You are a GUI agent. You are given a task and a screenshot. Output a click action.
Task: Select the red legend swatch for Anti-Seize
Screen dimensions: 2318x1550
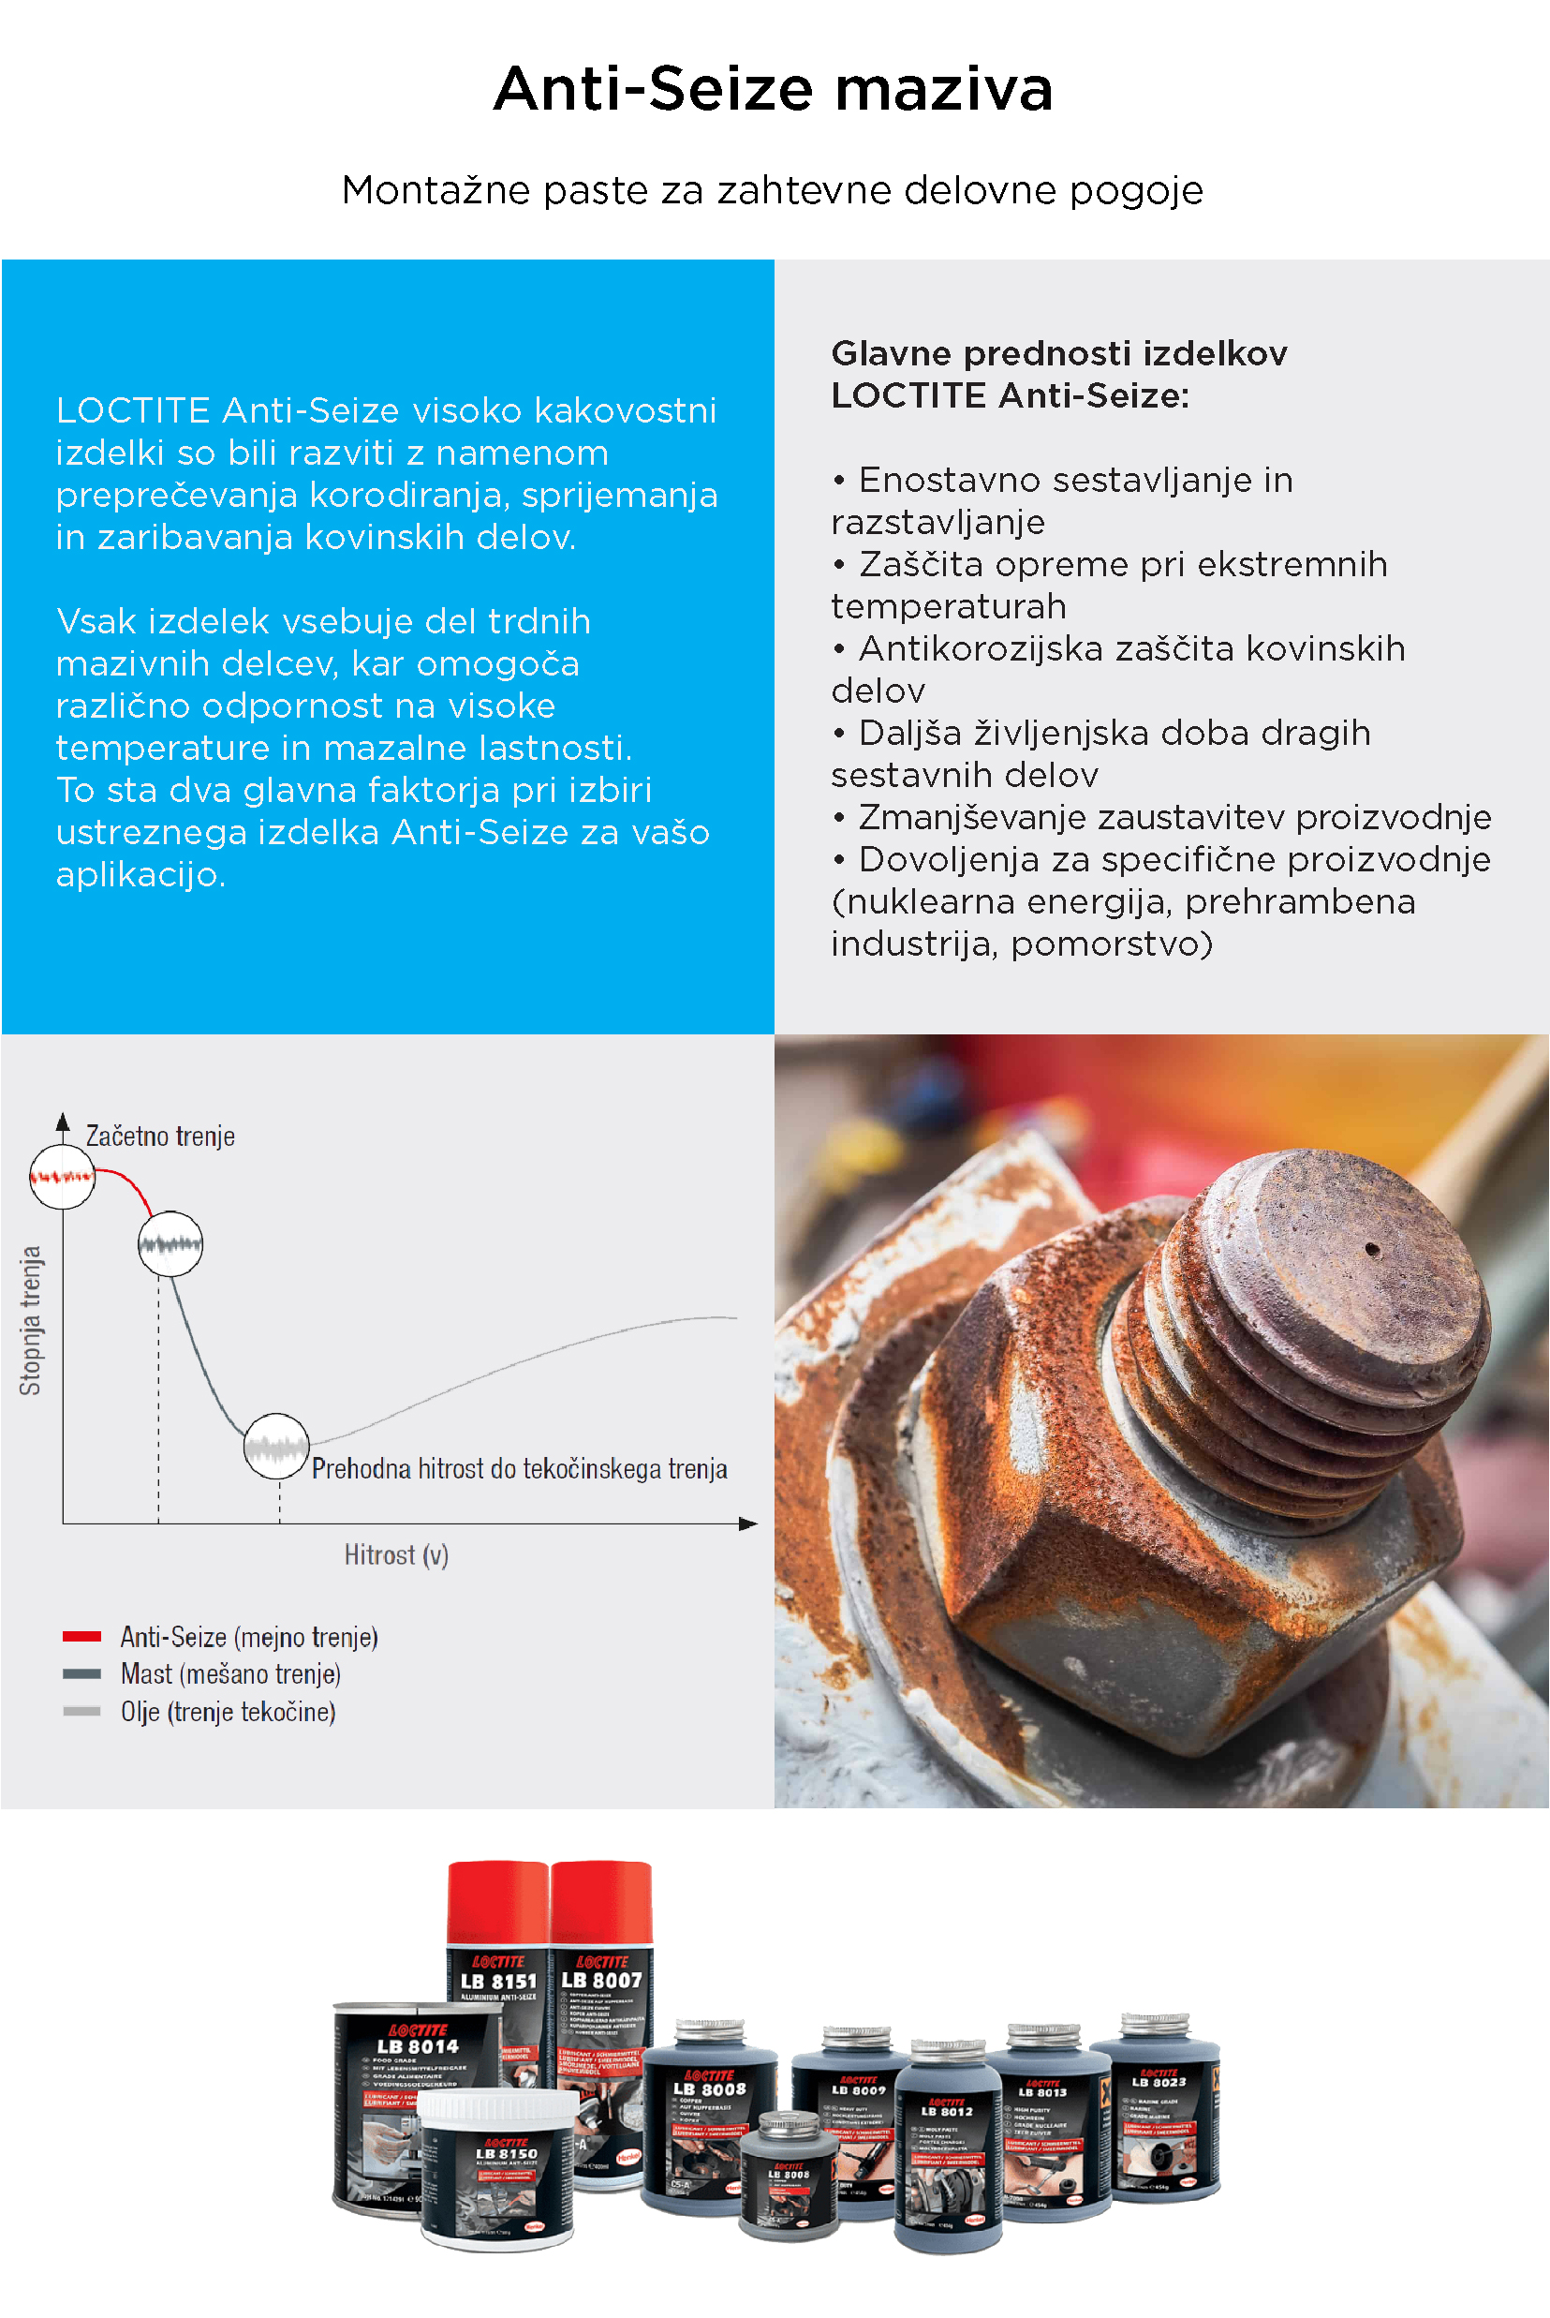click(x=81, y=1637)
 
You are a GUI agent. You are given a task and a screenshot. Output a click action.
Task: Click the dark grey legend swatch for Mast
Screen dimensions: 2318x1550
click(x=81, y=1674)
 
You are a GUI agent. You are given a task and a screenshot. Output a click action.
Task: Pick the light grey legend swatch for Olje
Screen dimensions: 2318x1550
click(x=81, y=1711)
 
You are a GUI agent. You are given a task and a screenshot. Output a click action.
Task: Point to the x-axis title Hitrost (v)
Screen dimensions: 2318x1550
click(x=396, y=1555)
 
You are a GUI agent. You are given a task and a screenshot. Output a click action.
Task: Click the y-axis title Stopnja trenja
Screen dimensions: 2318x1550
click(x=31, y=1320)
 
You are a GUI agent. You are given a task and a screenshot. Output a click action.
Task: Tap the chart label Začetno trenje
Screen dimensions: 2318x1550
click(x=160, y=1137)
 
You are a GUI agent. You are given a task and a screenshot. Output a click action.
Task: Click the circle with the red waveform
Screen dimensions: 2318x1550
click(x=62, y=1177)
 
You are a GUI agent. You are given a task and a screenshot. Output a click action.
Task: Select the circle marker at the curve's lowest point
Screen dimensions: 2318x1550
click(x=277, y=1447)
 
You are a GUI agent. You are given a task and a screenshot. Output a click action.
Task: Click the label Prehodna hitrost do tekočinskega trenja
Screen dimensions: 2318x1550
click(x=519, y=1469)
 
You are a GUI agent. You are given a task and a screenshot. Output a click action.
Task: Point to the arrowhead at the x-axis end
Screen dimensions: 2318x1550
click(x=749, y=1523)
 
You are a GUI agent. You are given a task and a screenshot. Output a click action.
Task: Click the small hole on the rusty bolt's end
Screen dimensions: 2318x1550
click(x=1372, y=1250)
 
